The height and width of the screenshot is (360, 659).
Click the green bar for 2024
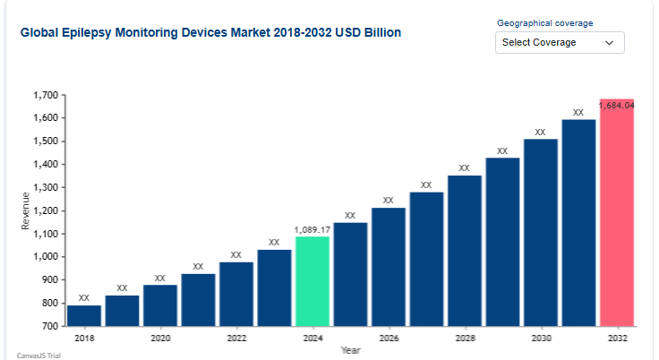point(312,280)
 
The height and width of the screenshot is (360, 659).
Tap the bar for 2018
point(84,315)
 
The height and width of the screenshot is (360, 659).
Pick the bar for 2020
point(160,304)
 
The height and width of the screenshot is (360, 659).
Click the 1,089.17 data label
point(312,230)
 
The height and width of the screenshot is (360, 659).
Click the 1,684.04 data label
point(617,105)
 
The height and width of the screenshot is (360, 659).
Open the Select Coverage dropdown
point(560,42)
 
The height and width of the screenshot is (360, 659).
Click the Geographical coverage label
point(544,22)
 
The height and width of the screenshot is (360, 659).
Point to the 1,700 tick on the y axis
point(45,95)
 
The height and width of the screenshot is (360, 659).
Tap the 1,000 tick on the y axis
point(45,257)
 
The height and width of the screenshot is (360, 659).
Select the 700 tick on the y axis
point(49,326)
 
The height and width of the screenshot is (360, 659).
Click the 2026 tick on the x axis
point(389,339)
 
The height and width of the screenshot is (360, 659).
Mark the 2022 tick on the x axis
point(236,339)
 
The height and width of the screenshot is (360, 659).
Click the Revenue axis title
point(26,210)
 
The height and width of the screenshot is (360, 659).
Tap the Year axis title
point(350,350)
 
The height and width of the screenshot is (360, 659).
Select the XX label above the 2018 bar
point(84,297)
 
